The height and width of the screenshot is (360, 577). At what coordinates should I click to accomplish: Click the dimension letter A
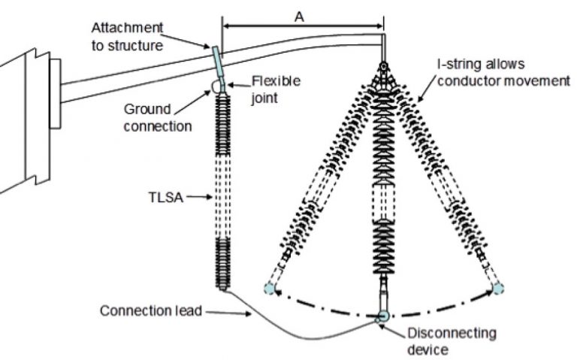299,17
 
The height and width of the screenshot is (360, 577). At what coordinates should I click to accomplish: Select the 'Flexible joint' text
275,89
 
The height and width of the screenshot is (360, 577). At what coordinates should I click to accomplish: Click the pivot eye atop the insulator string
384,67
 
